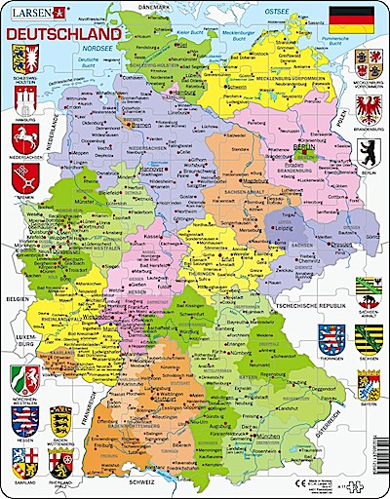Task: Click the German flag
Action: coord(354,19)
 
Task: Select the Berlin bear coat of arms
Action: coord(370,155)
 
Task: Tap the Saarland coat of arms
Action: coord(21,462)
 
